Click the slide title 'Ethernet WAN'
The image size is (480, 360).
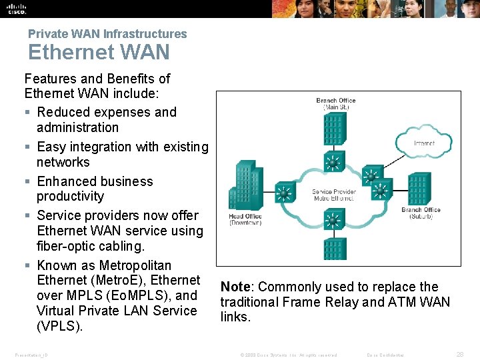click(x=99, y=52)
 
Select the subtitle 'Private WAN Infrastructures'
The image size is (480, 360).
click(x=107, y=33)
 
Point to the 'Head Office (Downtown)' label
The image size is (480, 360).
click(x=245, y=219)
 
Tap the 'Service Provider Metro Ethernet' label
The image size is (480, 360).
click(x=333, y=195)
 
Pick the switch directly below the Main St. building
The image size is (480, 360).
click(x=332, y=162)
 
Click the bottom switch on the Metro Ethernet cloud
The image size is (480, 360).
click(x=332, y=218)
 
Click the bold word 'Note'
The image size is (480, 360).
click(x=235, y=287)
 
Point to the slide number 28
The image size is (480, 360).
click(x=459, y=355)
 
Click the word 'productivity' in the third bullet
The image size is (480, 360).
click(x=70, y=196)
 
